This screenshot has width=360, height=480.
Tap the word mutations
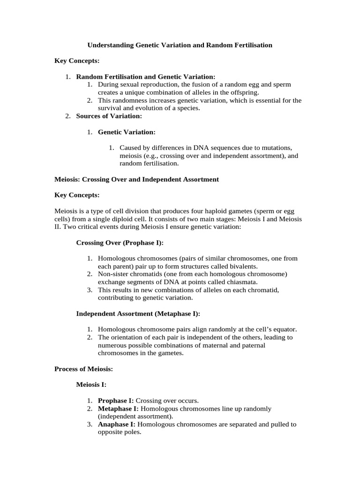[274, 147]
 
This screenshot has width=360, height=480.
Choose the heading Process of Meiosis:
[83, 369]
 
